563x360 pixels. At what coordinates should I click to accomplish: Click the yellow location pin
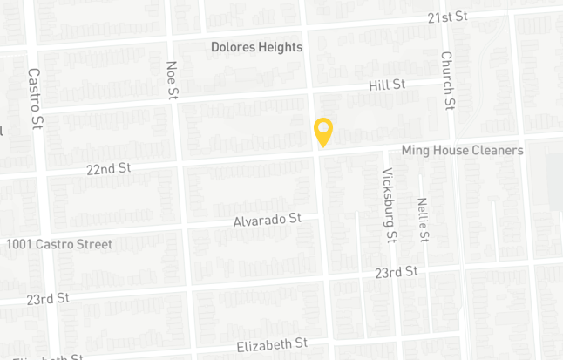coord(323,132)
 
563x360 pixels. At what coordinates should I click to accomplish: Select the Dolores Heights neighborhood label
coord(256,47)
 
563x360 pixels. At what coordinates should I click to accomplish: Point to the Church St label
coord(447,80)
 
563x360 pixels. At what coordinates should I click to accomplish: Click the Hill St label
coord(388,85)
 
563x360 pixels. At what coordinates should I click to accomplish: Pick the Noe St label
coord(173,78)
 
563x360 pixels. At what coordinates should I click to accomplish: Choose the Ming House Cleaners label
coord(462,150)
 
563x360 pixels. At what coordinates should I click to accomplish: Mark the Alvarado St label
coord(267,221)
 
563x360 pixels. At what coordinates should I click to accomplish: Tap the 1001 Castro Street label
coord(59,244)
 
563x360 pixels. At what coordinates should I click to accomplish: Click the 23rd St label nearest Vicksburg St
coord(397,272)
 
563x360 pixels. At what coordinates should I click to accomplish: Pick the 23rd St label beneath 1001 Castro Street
coord(47,299)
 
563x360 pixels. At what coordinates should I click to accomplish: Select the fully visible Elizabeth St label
coord(273,345)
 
